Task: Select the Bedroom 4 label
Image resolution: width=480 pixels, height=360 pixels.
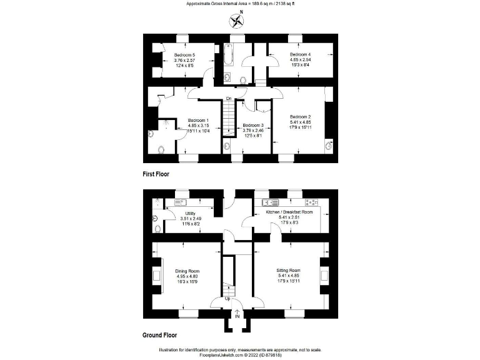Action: point(301,55)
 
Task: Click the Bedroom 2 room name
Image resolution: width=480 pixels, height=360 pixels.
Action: point(300,116)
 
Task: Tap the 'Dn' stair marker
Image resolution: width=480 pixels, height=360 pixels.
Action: point(229,99)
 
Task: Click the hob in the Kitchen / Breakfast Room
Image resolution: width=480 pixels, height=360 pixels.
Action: point(310,202)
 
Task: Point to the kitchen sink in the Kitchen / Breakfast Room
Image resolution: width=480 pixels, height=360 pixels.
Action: point(271,202)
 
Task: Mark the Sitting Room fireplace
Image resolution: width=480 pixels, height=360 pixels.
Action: point(324,276)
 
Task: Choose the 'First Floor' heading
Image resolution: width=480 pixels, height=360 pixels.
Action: point(156,174)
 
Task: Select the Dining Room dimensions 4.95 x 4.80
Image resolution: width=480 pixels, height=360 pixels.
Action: point(186,276)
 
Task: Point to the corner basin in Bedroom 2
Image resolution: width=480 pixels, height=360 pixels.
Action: point(329,146)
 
